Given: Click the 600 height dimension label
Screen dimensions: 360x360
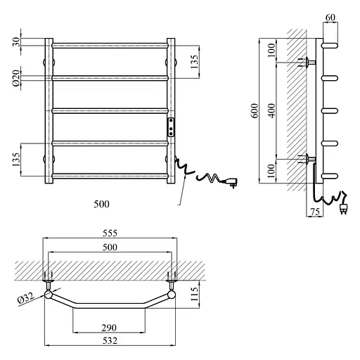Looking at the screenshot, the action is pyautogui.click(x=255, y=110).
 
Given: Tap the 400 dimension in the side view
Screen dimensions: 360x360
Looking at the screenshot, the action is pyautogui.click(x=271, y=110).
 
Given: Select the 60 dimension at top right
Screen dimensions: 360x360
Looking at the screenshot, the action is pyautogui.click(x=330, y=17).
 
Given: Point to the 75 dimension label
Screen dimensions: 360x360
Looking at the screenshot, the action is pyautogui.click(x=315, y=212).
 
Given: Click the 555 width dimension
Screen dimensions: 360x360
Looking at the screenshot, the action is pyautogui.click(x=110, y=233).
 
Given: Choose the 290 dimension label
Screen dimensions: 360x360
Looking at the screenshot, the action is pyautogui.click(x=109, y=328).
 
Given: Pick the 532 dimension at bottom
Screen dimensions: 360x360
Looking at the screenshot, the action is pyautogui.click(x=110, y=340).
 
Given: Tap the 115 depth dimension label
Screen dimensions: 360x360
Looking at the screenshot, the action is pyautogui.click(x=194, y=295).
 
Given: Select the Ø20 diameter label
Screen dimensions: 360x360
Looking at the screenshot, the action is pyautogui.click(x=16, y=78).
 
